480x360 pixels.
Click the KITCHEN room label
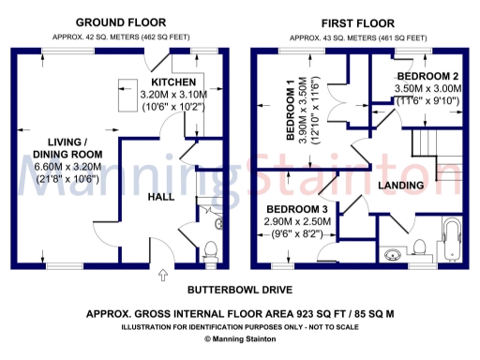pyautogui.click(x=174, y=82)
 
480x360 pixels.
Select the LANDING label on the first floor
pyautogui.click(x=400, y=186)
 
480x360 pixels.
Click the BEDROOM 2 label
pyautogui.click(x=427, y=76)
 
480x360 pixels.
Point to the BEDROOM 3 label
pyautogui.click(x=297, y=208)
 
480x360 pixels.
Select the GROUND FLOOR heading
pyautogui.click(x=121, y=22)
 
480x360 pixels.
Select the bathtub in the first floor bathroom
pyautogui.click(x=451, y=240)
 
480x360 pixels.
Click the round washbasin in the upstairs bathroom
pyautogui.click(x=391, y=253)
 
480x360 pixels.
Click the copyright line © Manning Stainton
pyautogui.click(x=238, y=338)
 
